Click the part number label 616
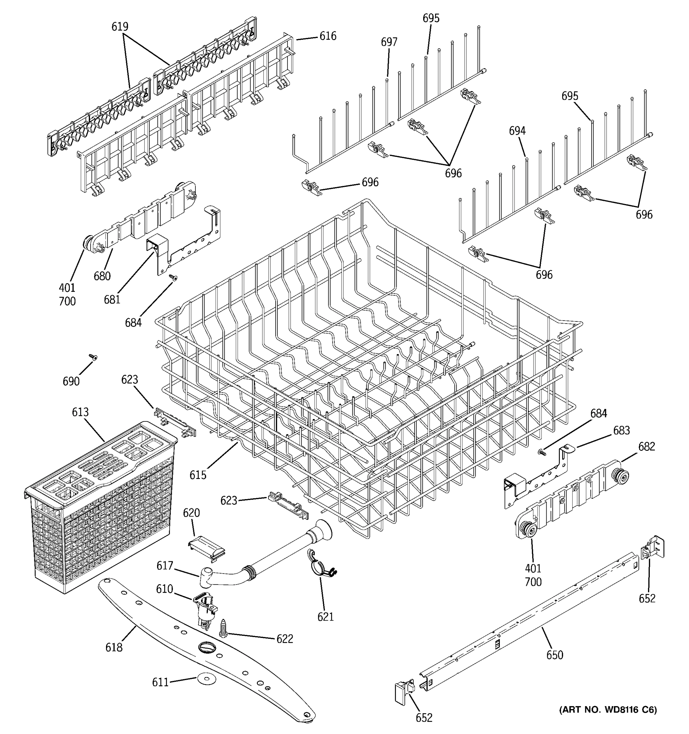coord(328,36)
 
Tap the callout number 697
coord(389,43)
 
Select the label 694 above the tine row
coord(517,131)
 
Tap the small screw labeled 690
coord(93,357)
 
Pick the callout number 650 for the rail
coord(555,655)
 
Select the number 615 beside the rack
coord(198,475)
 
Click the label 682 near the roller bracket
coord(646,447)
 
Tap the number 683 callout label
coord(621,431)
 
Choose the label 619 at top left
coord(120,27)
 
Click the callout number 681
coord(112,299)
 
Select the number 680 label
coord(102,276)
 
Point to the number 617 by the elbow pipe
coord(165,565)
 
